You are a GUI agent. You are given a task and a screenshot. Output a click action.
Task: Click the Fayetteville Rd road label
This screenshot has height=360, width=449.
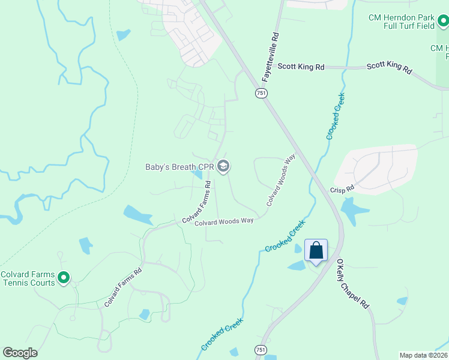click(x=271, y=57)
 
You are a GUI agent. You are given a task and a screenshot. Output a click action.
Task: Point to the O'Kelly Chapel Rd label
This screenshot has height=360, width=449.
click(x=352, y=284)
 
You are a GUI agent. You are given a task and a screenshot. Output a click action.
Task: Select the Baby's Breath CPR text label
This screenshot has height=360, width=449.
click(x=179, y=166)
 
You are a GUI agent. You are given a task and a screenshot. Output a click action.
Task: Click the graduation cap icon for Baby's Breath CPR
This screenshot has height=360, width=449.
click(x=223, y=166)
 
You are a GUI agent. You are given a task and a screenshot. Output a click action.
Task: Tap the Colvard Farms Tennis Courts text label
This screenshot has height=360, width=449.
click(x=28, y=278)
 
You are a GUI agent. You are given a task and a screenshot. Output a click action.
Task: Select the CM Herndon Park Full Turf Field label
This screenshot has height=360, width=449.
click(x=402, y=22)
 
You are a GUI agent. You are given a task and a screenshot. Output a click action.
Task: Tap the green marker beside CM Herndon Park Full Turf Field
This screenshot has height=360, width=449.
click(x=443, y=22)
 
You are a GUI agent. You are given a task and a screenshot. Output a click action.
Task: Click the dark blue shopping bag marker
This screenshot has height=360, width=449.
click(x=316, y=251)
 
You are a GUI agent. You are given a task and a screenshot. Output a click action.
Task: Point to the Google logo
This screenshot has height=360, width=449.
click(x=20, y=353)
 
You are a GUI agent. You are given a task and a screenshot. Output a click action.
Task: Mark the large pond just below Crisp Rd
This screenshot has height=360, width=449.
click(x=352, y=210)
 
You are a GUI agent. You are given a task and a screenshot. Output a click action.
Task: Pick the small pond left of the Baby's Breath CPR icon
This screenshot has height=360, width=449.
click(x=197, y=174)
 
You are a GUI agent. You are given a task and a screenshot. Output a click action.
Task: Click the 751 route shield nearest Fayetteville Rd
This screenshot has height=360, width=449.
click(x=261, y=93)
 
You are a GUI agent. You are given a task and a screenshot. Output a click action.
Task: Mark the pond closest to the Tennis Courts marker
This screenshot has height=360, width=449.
click(x=86, y=245)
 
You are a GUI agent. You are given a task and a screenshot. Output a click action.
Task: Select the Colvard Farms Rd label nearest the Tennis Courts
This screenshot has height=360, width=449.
click(x=123, y=287)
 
